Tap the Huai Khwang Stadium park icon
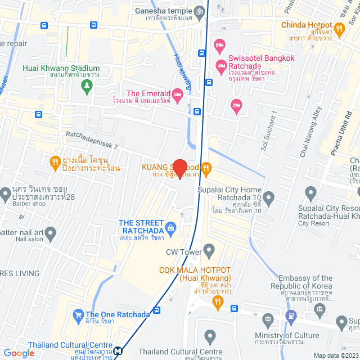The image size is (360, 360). point(87,85)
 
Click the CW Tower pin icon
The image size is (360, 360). point(209,249)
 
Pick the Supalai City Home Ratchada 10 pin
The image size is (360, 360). point(269,197)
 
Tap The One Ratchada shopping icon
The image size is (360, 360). point(78,314)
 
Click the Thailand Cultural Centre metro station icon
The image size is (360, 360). point(118,351)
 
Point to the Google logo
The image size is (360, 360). point(19,353)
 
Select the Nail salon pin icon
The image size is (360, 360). point(51,232)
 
